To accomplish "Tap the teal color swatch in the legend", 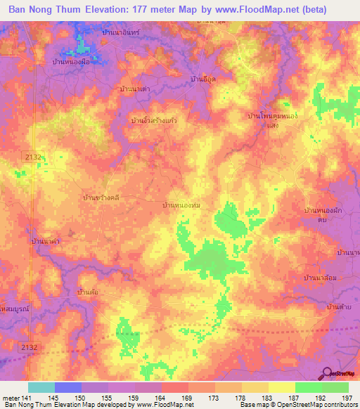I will tap(41, 387).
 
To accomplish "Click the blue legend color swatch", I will tap(68, 387).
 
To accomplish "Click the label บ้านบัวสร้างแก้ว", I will tap(154, 121).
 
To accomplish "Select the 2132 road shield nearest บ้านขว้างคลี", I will tap(32, 156).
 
